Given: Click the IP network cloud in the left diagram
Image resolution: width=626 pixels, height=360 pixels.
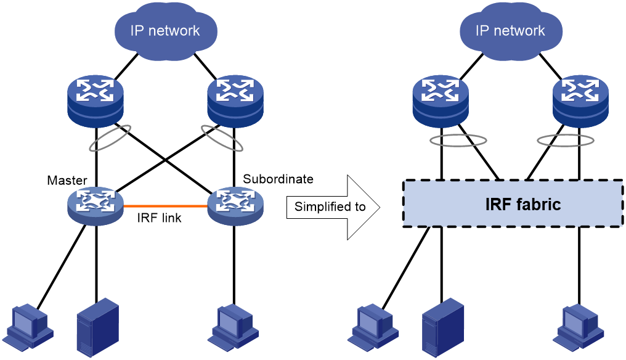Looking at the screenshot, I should (x=165, y=31).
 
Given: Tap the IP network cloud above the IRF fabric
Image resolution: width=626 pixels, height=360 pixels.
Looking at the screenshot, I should (x=510, y=31).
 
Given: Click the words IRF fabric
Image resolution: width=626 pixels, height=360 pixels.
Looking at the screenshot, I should (x=523, y=205).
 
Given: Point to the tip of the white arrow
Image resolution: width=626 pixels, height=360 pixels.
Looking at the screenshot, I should (x=378, y=207).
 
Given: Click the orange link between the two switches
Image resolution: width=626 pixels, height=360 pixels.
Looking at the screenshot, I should (x=165, y=206).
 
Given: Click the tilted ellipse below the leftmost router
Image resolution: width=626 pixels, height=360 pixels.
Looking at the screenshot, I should (x=110, y=138).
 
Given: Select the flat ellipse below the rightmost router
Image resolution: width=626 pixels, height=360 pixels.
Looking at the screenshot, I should (x=565, y=141).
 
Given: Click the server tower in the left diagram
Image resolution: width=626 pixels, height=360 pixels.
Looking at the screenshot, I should (x=97, y=327).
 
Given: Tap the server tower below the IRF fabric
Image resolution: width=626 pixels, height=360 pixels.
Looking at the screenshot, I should (x=443, y=327).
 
